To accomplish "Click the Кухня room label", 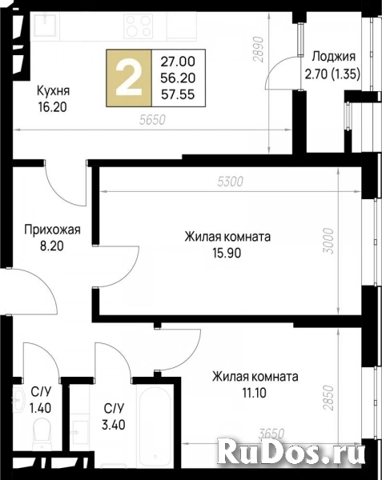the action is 54,90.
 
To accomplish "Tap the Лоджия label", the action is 334,57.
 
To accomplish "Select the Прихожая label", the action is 52,230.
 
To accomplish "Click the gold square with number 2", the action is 129,78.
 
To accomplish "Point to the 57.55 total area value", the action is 178,94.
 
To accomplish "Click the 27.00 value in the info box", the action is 178,62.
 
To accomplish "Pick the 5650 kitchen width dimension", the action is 152,120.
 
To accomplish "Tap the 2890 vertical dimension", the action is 259,50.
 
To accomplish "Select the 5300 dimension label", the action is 230,182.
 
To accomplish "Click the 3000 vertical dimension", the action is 328,240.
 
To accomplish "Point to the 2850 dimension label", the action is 328,398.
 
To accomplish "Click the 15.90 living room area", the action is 227,254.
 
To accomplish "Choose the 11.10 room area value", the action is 255,393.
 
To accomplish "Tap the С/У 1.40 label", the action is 40,400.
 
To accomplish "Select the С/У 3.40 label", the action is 114,417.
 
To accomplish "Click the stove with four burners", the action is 139,26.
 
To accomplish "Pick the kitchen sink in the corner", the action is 45,24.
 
